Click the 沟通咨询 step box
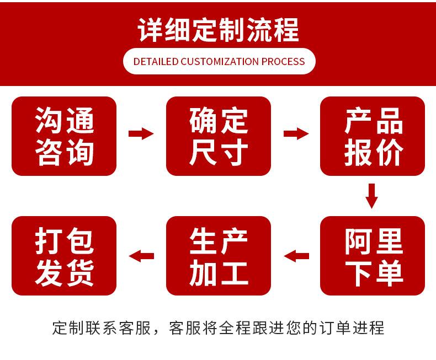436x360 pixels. (64, 136)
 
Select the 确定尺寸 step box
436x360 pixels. (219, 136)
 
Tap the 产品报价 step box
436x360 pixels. (373, 136)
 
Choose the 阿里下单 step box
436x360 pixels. (373, 256)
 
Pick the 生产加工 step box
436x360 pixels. (219, 256)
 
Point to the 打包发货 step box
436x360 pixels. (64, 256)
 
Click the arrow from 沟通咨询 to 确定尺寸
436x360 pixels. (141, 133)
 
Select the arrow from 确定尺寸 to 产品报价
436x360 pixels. (296, 133)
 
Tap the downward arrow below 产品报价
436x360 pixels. (372, 196)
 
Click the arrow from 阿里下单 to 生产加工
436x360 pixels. (296, 255)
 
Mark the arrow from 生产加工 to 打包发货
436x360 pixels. (141, 255)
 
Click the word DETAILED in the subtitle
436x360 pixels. (156, 61)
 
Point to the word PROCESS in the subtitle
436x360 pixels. (283, 61)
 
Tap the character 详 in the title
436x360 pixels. (151, 30)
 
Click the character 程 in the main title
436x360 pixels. (285, 30)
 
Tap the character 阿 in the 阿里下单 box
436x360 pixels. (358, 241)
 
